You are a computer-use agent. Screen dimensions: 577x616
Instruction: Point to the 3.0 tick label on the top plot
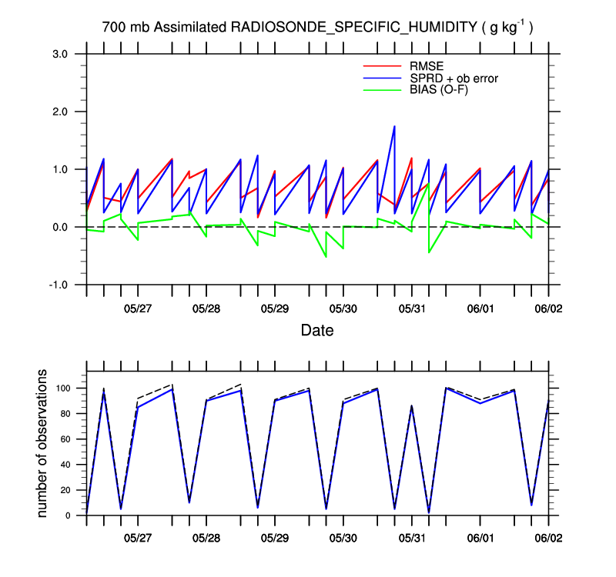point(61,54)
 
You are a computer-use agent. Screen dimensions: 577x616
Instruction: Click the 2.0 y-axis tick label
point(61,112)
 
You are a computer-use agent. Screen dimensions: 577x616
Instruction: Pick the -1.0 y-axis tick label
point(59,285)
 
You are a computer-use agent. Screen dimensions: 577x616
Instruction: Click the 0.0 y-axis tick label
point(61,227)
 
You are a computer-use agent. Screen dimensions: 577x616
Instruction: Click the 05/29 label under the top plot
point(275,309)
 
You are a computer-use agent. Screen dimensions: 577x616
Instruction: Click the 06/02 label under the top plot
point(548,309)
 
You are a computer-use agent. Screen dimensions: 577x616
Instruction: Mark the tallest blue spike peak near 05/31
point(394,126)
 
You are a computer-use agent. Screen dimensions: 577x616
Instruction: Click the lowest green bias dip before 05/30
point(326,256)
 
